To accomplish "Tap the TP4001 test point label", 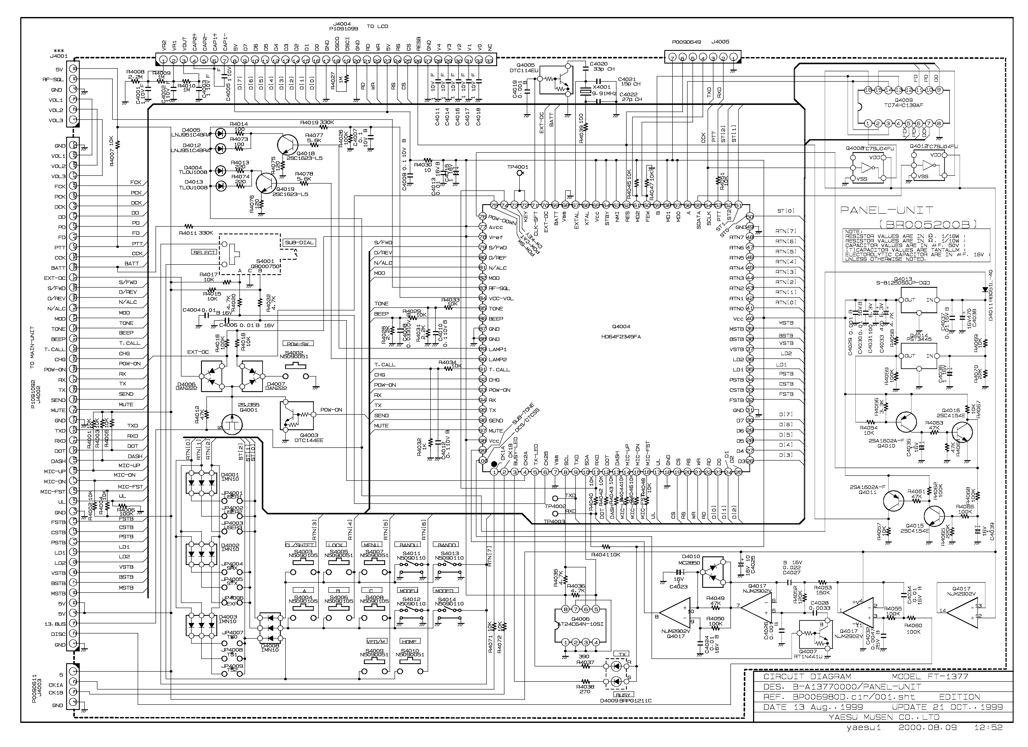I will (518, 167).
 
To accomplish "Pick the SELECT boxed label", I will (205, 252).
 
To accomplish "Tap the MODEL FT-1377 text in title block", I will (930, 676).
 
